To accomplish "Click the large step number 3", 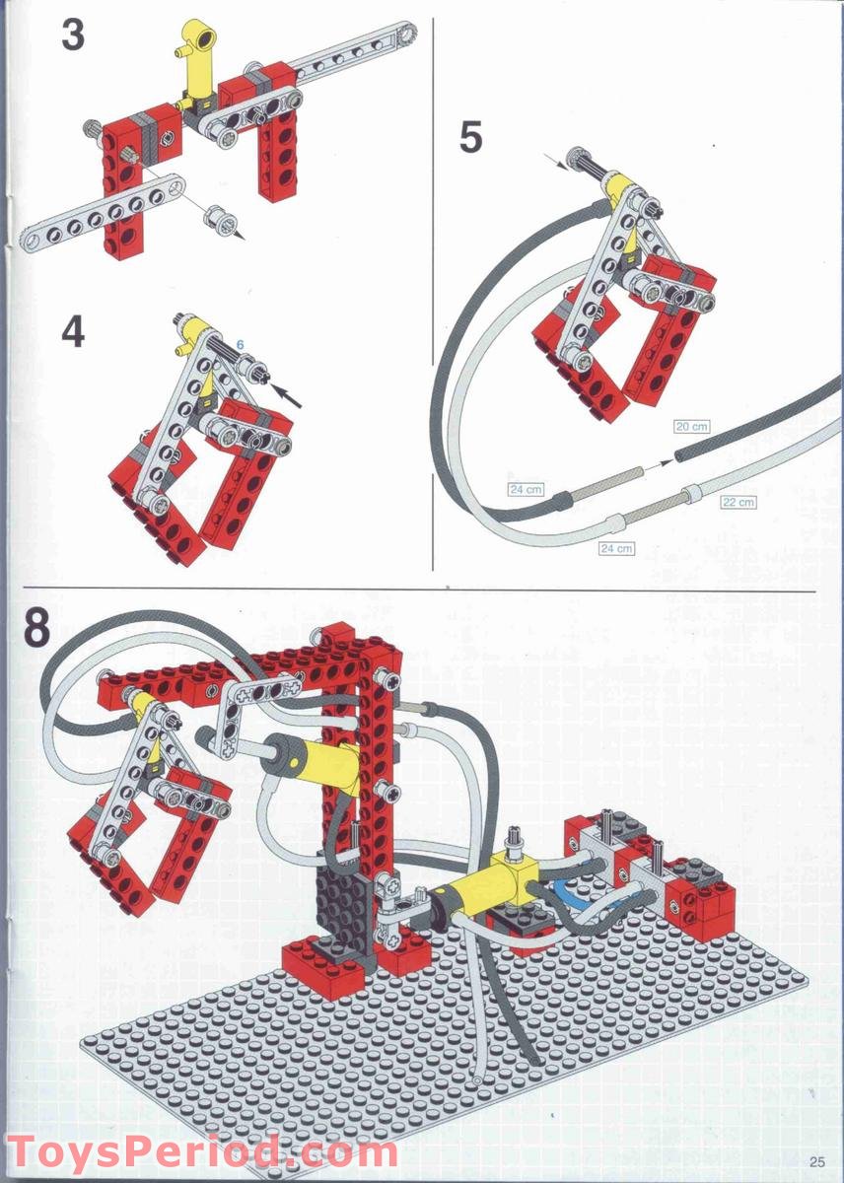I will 73,35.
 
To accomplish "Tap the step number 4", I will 73,332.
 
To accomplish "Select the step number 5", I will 470,137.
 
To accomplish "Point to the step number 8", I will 35,628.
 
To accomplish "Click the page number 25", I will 816,1160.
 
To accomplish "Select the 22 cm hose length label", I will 737,502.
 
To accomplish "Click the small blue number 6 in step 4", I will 239,346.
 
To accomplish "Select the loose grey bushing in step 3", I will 219,218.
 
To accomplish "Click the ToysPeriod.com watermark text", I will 202,1151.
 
